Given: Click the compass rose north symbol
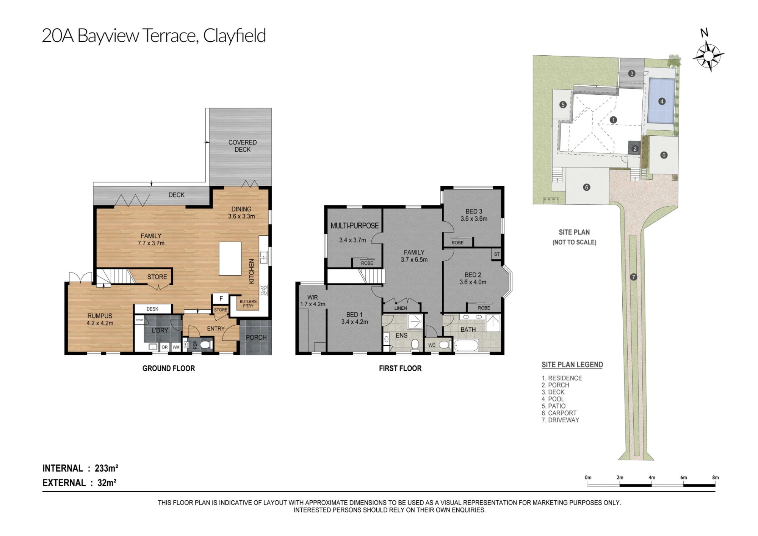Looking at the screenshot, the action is pyautogui.click(x=708, y=56).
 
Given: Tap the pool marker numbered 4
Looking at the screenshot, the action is pyautogui.click(x=662, y=101).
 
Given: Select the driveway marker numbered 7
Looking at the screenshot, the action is pyautogui.click(x=633, y=277).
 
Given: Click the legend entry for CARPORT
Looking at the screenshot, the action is pyautogui.click(x=559, y=413).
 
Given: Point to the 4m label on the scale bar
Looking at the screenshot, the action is pyautogui.click(x=652, y=478).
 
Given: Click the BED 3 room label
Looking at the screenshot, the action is pyautogui.click(x=474, y=212).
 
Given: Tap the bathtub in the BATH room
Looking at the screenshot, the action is pyautogui.click(x=466, y=345).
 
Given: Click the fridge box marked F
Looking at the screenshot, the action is pyautogui.click(x=221, y=299).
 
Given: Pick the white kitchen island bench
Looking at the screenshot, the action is pyautogui.click(x=230, y=259).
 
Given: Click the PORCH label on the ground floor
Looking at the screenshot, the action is pyautogui.click(x=256, y=337).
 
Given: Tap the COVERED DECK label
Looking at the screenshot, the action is pyautogui.click(x=243, y=146).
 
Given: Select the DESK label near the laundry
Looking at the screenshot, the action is pyautogui.click(x=152, y=309).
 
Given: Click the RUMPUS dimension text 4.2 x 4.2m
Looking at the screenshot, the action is pyautogui.click(x=100, y=323).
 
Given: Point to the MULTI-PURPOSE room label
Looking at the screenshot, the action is pyautogui.click(x=354, y=226).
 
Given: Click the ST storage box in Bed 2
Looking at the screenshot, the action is pyautogui.click(x=497, y=254).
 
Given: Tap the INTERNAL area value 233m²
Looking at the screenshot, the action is pyautogui.click(x=106, y=468).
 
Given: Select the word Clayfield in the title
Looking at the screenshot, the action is pyautogui.click(x=235, y=36).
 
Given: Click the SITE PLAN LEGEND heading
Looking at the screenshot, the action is pyautogui.click(x=572, y=365).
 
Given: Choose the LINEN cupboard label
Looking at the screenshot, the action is pyautogui.click(x=401, y=308).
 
